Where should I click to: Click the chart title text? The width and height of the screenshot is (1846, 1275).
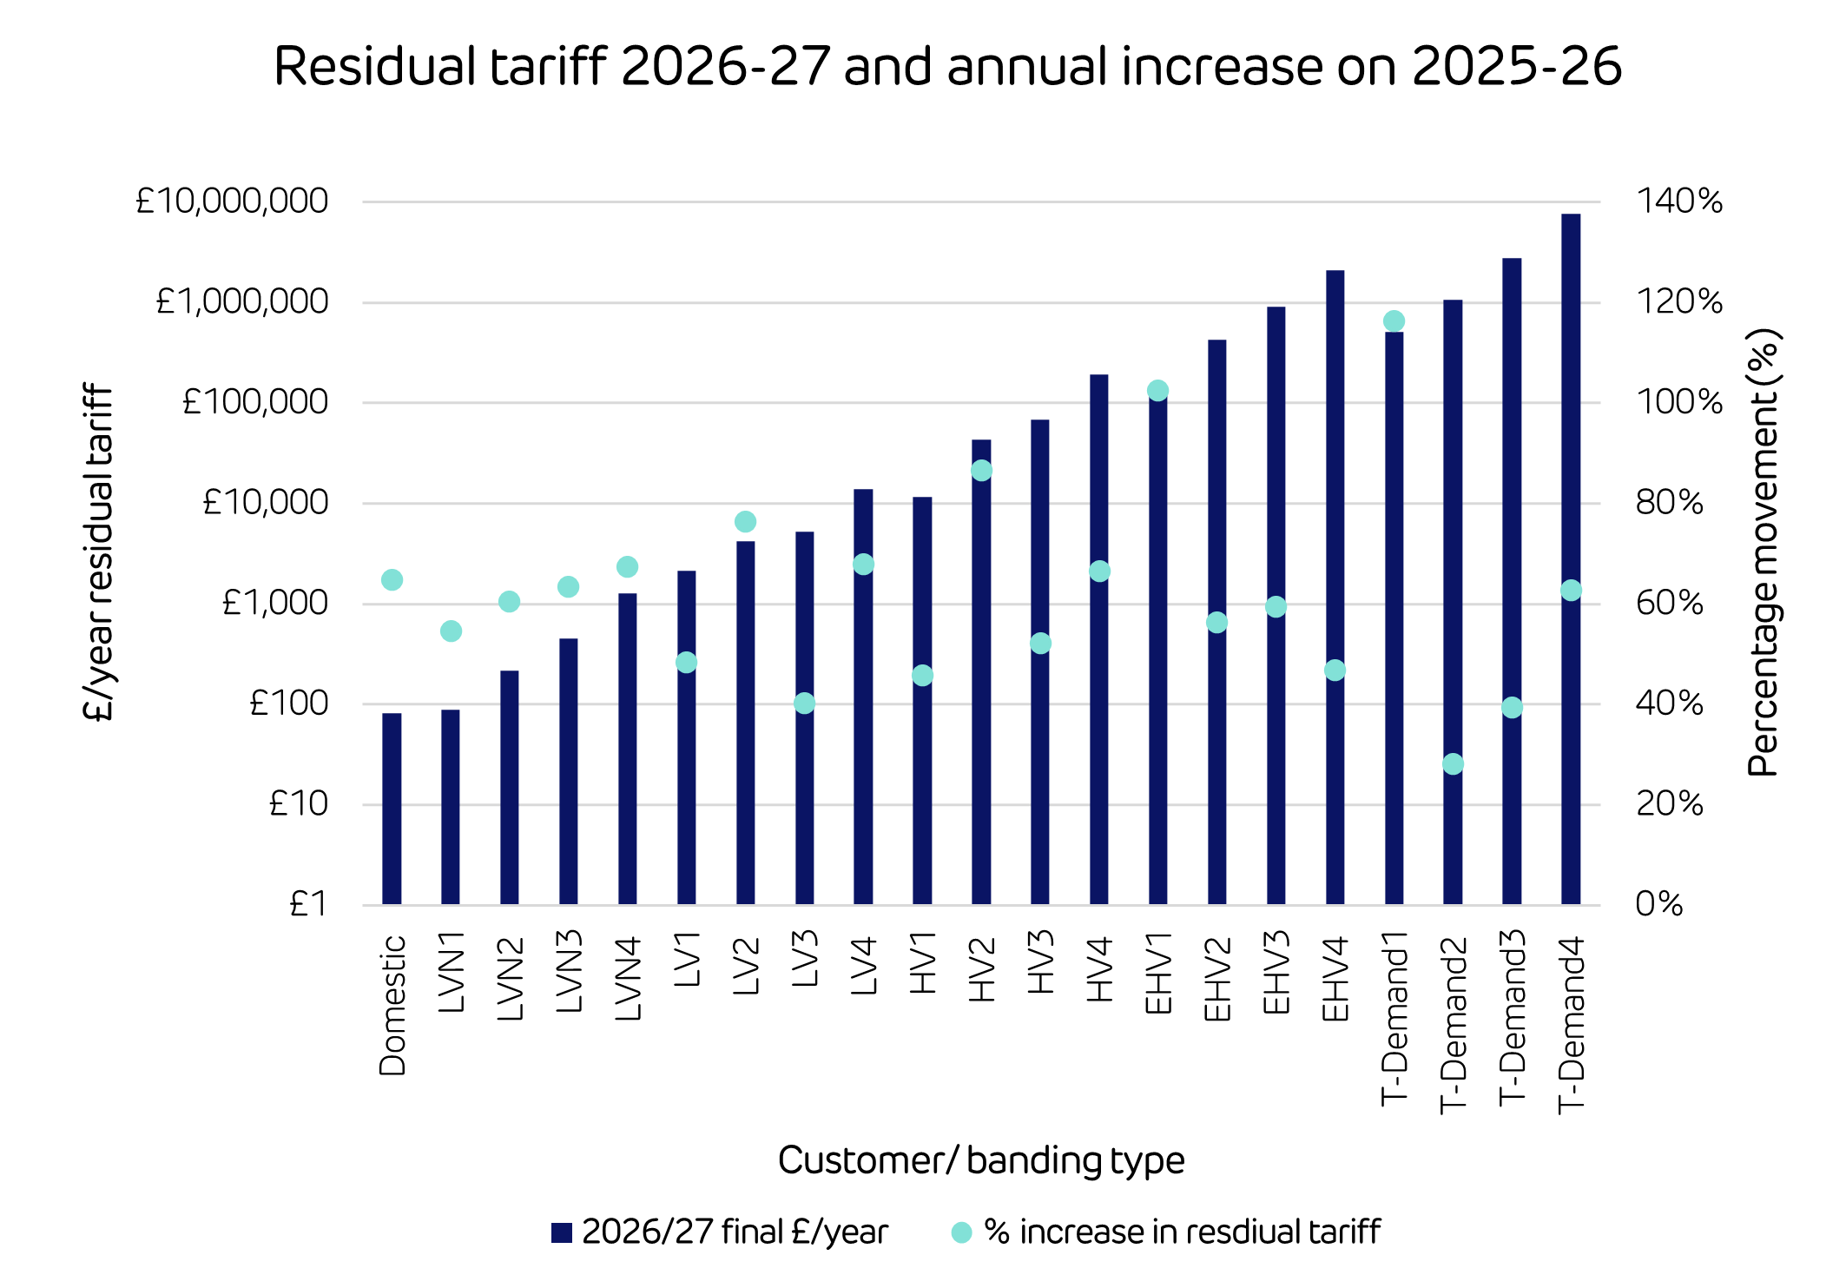tap(947, 66)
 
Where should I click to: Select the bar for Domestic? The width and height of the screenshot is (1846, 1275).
tap(392, 808)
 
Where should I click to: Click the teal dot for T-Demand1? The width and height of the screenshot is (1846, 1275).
tap(1394, 321)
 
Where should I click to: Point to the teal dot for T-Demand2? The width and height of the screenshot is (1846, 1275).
tap(1453, 764)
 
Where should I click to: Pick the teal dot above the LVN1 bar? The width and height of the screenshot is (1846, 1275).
tap(451, 631)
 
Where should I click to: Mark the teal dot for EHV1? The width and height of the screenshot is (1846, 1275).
tap(1157, 391)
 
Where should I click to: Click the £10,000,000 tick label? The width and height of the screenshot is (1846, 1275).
tap(232, 201)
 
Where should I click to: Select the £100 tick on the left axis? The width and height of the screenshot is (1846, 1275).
tap(288, 704)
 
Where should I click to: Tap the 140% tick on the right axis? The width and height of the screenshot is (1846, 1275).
tap(1678, 201)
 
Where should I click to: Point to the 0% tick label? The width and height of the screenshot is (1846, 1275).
tap(1658, 905)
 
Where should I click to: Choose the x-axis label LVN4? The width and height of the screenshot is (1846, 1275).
tap(628, 977)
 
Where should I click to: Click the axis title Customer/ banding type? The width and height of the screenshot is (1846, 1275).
tap(981, 1160)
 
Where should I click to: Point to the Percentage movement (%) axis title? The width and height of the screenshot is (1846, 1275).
tap(1763, 552)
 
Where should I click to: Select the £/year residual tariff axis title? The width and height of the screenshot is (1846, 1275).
tap(98, 552)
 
